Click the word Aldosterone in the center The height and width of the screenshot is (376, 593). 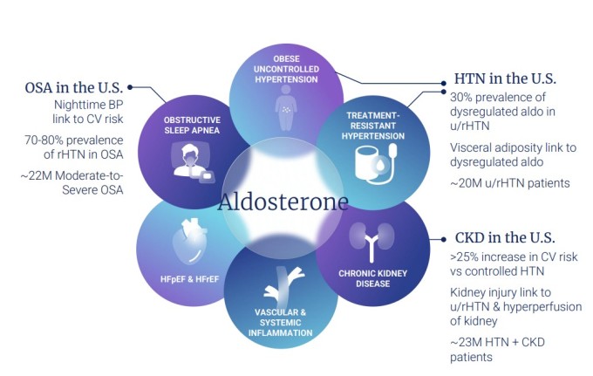pyautogui.click(x=284, y=202)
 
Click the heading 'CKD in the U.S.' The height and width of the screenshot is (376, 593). pyautogui.click(x=506, y=238)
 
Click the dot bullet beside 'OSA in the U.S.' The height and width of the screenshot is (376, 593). pyautogui.click(x=131, y=87)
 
